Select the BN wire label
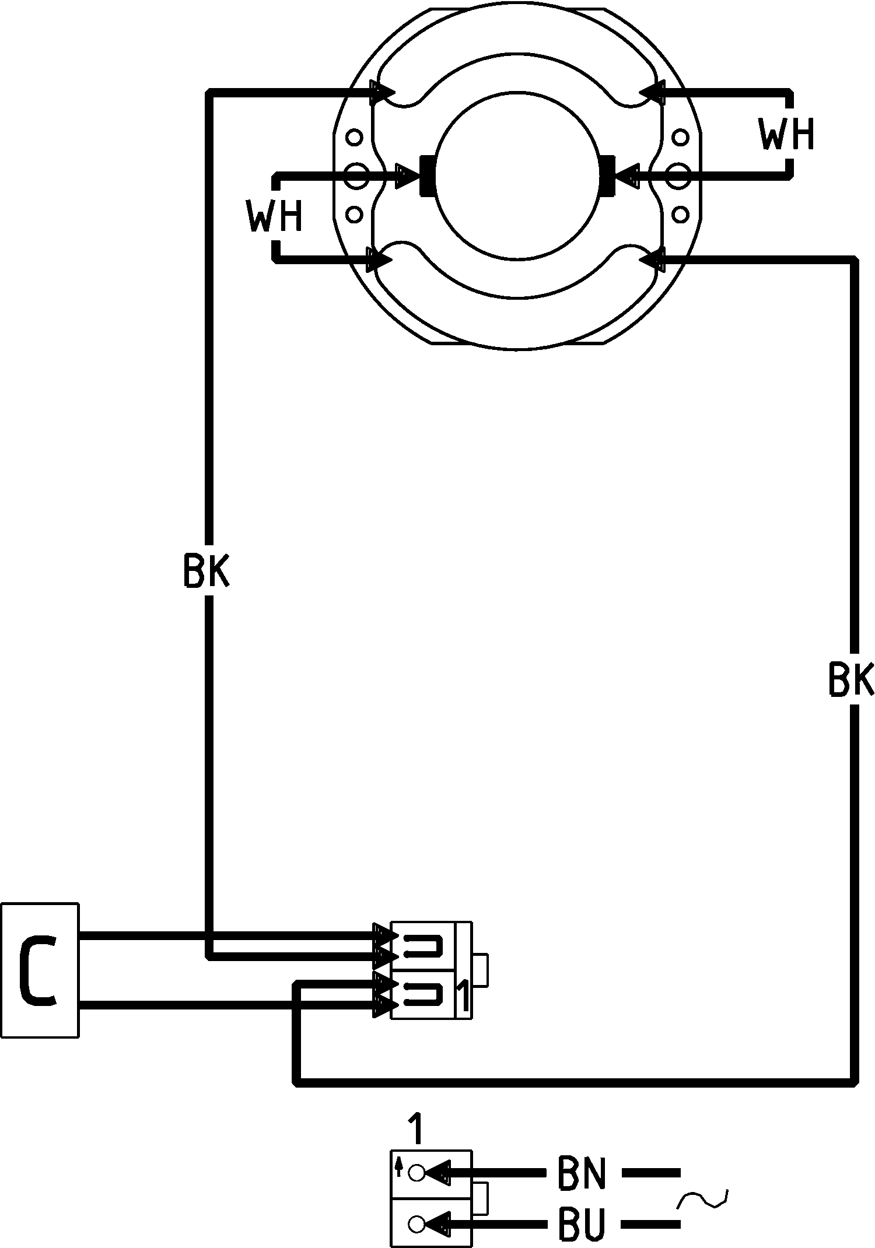point(582,1172)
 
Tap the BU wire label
point(582,1222)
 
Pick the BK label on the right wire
point(851,679)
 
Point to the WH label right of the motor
point(786,134)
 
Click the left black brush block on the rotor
point(427,176)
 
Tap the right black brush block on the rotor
point(607,176)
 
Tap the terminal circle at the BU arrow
point(416,1223)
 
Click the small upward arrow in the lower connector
point(399,1166)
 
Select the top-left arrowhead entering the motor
point(383,92)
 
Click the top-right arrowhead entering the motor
point(652,92)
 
